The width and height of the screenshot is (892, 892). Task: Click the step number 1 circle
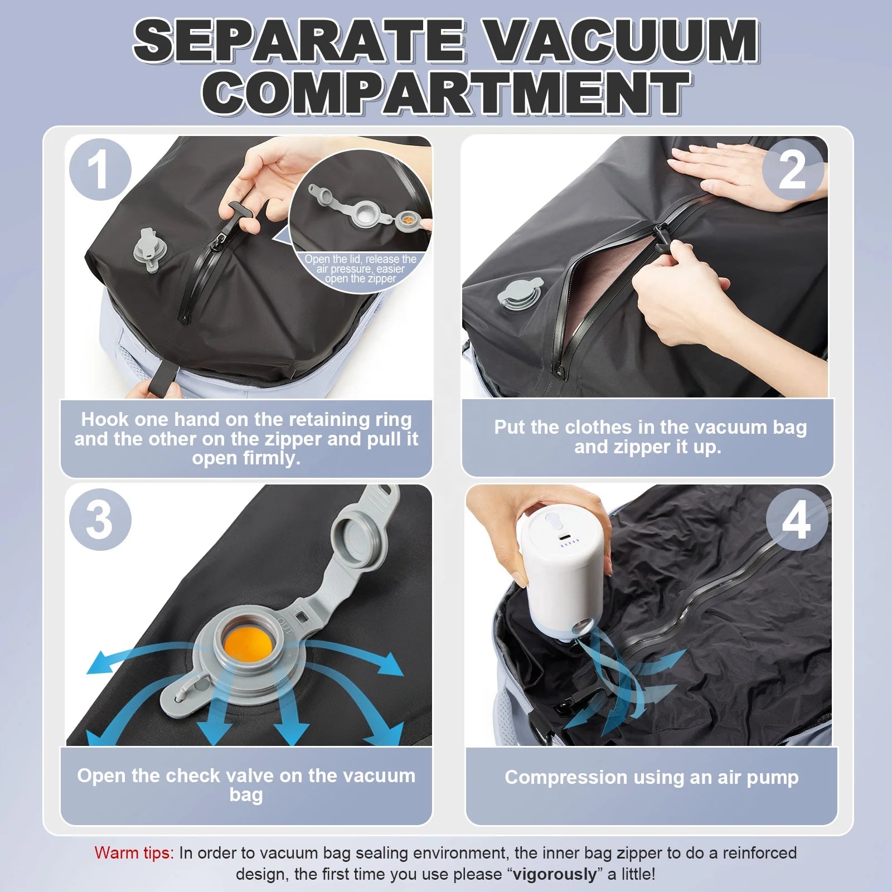coord(100,169)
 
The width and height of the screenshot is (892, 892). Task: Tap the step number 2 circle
coord(792,169)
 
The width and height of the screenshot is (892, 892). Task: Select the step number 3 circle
coord(100,520)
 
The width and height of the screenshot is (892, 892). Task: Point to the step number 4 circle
coord(797,520)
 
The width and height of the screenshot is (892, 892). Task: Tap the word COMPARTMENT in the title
coord(446,92)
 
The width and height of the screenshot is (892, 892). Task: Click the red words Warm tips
coord(134,853)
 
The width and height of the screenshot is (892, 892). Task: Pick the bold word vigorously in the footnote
coord(554,874)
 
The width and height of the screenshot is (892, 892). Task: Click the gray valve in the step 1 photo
coord(147,250)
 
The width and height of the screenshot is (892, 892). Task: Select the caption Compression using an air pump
coord(652,777)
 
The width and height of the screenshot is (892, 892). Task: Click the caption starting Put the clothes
coord(650,437)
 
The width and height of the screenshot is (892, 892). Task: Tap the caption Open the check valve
coord(246,784)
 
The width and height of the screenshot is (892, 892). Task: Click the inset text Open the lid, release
coord(360,269)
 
